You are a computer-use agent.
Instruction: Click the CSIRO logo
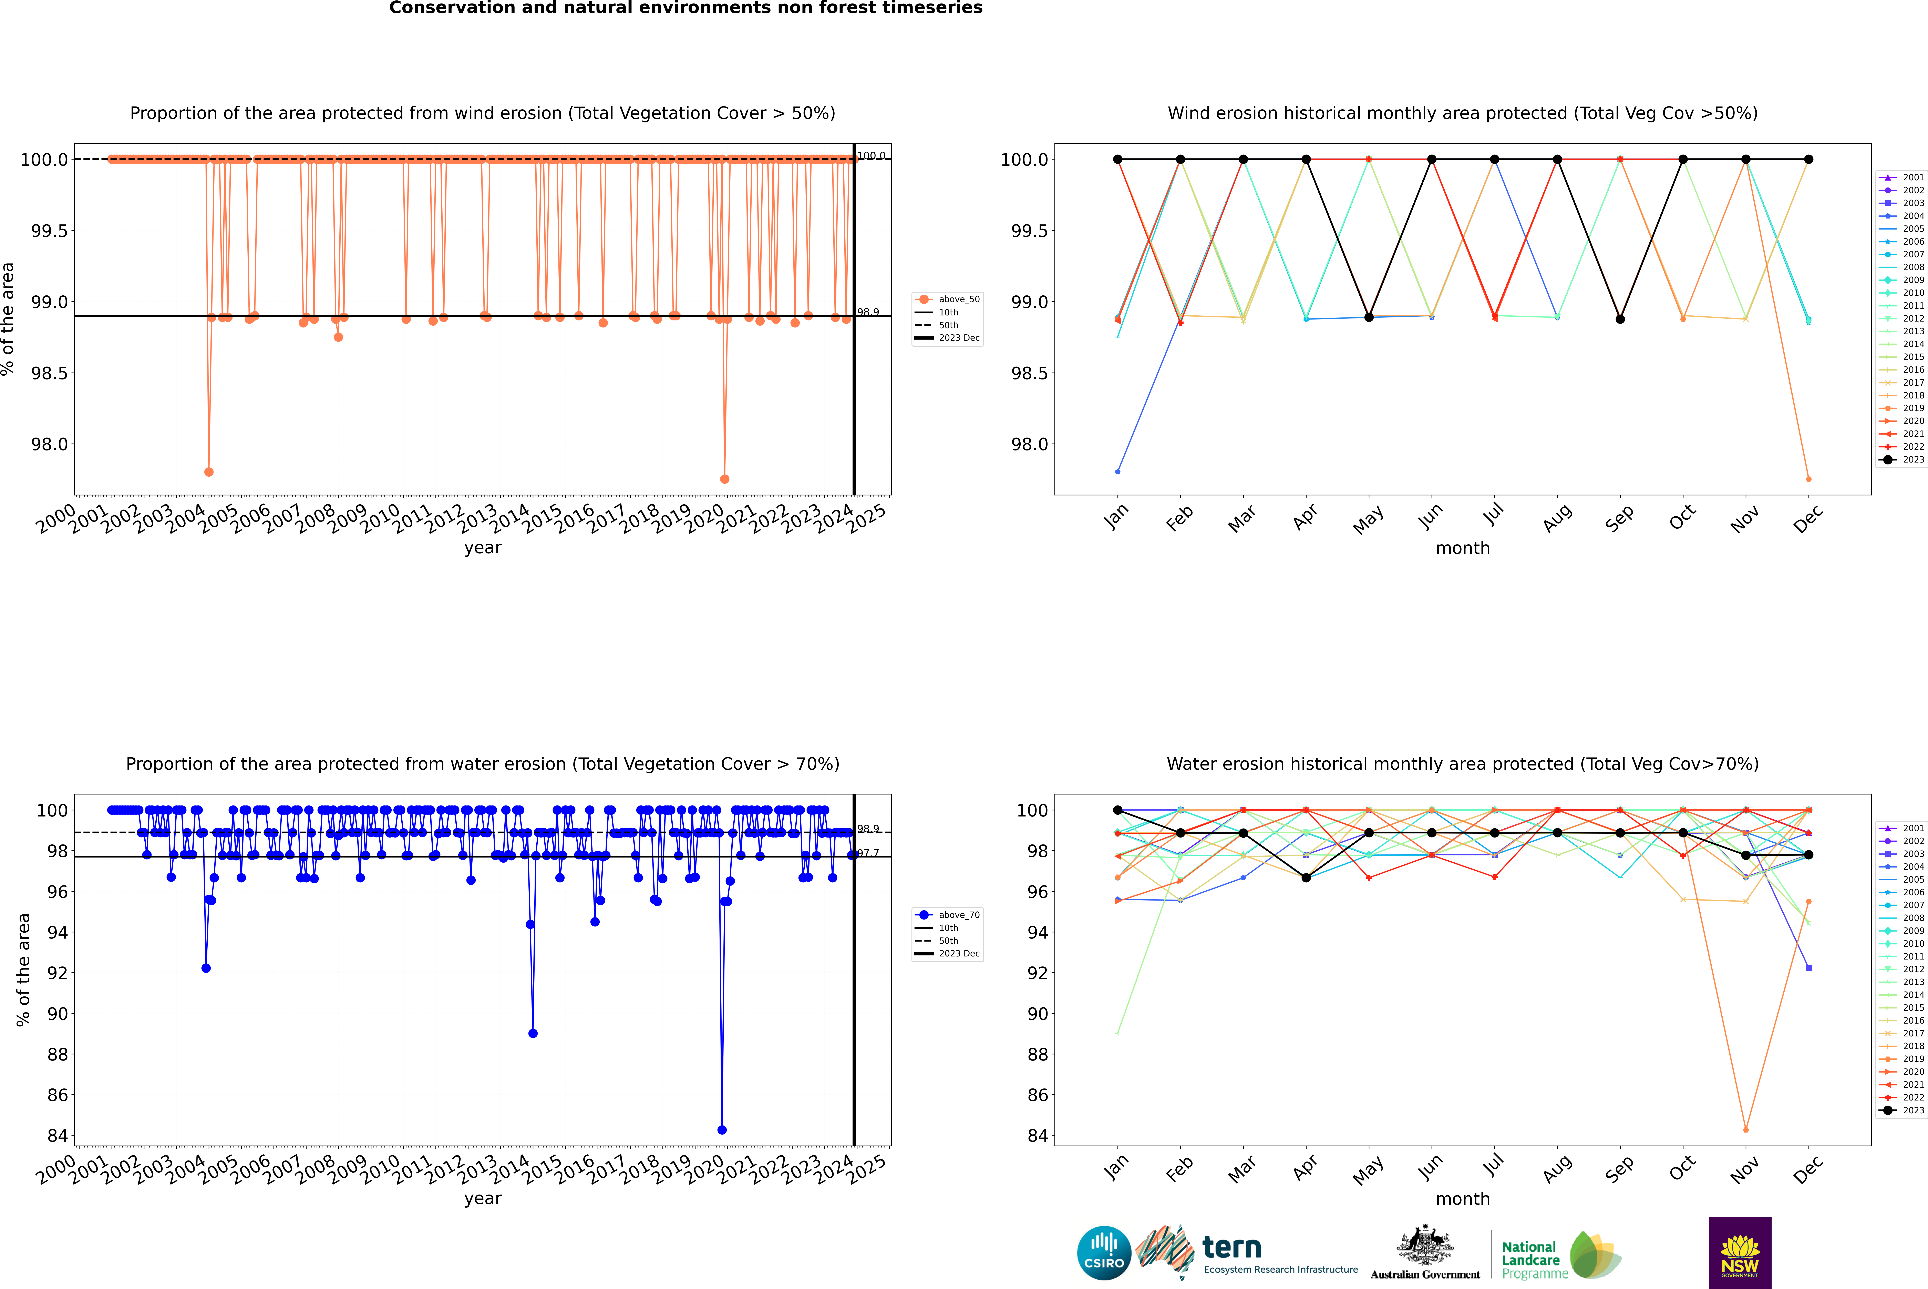[x=1104, y=1253]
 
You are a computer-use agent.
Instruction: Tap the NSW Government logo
[x=1740, y=1253]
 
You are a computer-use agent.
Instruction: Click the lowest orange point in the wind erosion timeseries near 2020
[x=724, y=478]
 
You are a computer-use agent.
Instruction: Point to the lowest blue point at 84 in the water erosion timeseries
[x=722, y=1129]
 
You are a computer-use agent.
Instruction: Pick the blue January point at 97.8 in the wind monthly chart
[x=1118, y=472]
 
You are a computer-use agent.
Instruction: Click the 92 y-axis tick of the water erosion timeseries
[x=58, y=973]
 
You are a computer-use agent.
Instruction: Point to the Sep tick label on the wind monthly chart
[x=1619, y=518]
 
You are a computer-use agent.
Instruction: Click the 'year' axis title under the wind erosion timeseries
[x=482, y=548]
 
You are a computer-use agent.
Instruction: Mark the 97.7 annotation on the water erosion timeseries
[x=868, y=853]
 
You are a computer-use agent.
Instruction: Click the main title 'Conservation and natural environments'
[x=685, y=8]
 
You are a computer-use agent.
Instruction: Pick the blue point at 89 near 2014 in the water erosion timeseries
[x=533, y=1033]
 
